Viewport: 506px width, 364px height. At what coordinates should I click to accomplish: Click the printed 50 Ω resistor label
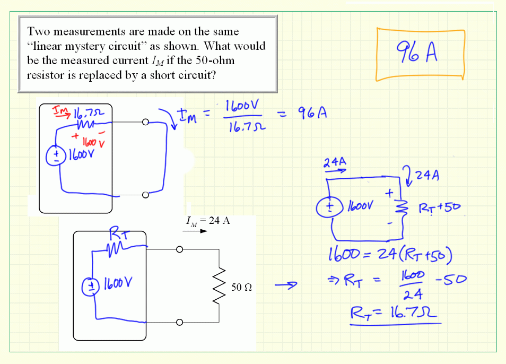click(x=241, y=288)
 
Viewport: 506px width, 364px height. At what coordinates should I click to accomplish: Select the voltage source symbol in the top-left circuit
click(x=55, y=154)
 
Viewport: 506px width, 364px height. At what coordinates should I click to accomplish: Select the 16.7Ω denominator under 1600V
click(x=243, y=128)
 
